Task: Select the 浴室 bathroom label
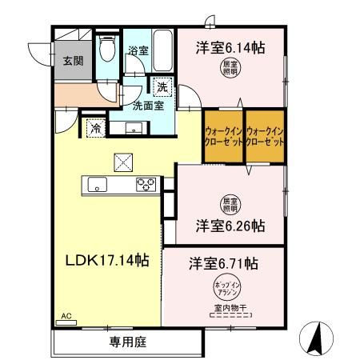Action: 138,50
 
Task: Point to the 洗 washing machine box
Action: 162,86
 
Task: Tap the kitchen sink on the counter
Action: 100,185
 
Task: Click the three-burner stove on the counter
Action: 146,185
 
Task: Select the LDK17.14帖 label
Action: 106,259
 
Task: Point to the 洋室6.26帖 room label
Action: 230,226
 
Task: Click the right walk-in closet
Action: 265,135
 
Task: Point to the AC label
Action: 66,316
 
